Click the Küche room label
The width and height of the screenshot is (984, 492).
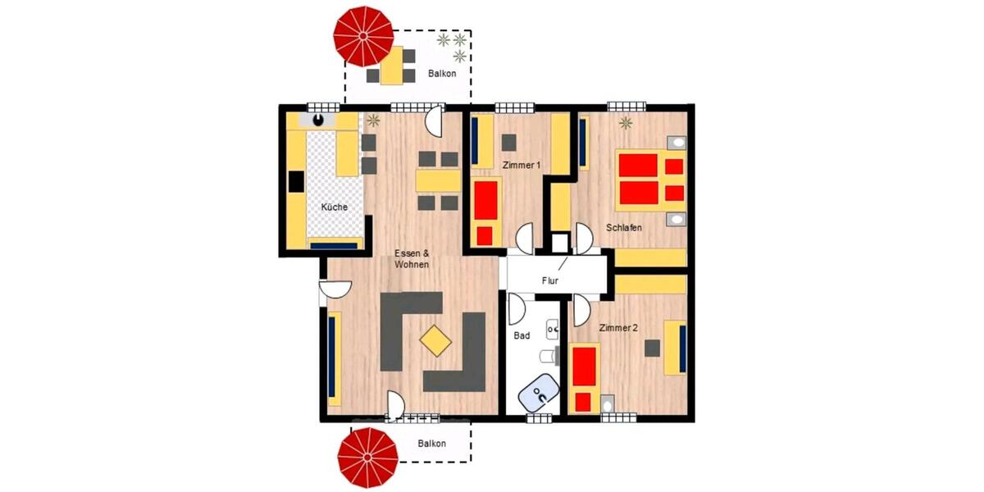[334, 207]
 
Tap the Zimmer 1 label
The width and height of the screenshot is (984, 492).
[521, 166]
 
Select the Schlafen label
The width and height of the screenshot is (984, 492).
[624, 227]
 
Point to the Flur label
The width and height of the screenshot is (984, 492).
[549, 281]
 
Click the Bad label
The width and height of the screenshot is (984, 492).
[522, 335]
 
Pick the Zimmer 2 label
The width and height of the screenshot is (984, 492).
[618, 328]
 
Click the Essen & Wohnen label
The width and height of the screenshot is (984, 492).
[412, 258]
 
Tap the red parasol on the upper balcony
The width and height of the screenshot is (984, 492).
[363, 37]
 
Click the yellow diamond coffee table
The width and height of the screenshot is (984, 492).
[435, 339]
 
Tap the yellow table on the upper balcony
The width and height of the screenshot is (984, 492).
[392, 66]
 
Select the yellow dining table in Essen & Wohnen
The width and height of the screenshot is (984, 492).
[437, 180]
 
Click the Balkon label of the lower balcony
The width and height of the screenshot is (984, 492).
[431, 444]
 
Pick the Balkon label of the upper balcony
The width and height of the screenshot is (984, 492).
[442, 74]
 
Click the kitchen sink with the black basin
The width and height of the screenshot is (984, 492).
[318, 121]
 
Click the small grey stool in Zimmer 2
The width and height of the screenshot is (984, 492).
[652, 348]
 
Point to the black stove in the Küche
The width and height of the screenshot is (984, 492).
[295, 181]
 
